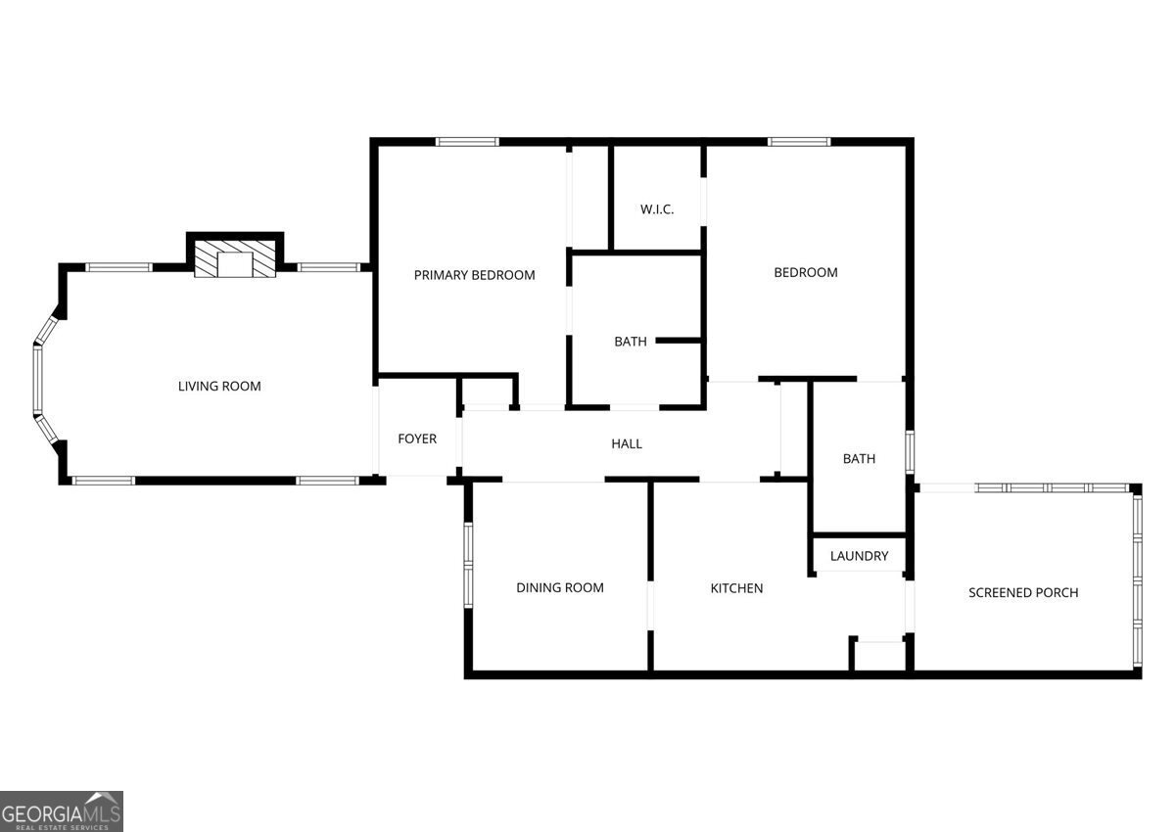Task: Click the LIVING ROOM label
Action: (219, 387)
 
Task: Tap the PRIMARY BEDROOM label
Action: (474, 275)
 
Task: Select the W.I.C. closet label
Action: (657, 209)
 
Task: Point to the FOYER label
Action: (417, 439)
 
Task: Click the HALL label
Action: (627, 444)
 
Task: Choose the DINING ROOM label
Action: (560, 587)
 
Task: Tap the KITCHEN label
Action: (736, 588)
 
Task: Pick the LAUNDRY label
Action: (860, 556)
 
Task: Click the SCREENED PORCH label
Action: (1023, 592)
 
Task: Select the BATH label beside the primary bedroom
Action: (630, 342)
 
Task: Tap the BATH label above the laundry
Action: (860, 459)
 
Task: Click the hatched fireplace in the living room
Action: (235, 258)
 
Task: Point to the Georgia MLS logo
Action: (62, 811)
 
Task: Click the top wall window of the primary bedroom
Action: (467, 142)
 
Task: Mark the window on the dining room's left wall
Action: (468, 565)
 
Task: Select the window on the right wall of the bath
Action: (910, 452)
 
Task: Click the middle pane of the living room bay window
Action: (38, 379)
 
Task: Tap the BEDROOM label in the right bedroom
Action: (806, 273)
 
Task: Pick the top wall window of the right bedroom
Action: (799, 142)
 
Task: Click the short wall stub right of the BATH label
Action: (679, 341)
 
